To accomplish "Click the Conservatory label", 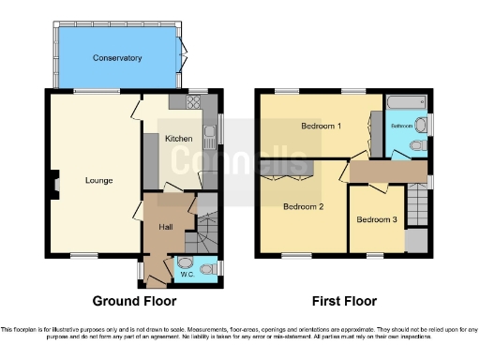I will [x=117, y=58].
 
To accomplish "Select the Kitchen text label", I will [x=179, y=139].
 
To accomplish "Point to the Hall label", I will [x=165, y=227].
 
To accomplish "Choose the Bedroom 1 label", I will [x=321, y=126].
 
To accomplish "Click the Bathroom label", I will [x=402, y=125].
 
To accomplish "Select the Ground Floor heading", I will [x=133, y=302].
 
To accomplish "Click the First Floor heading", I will [x=345, y=302].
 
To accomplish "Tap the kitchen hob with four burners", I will [x=178, y=102].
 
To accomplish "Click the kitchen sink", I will [x=211, y=127].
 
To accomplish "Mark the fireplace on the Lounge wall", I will [x=54, y=184].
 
